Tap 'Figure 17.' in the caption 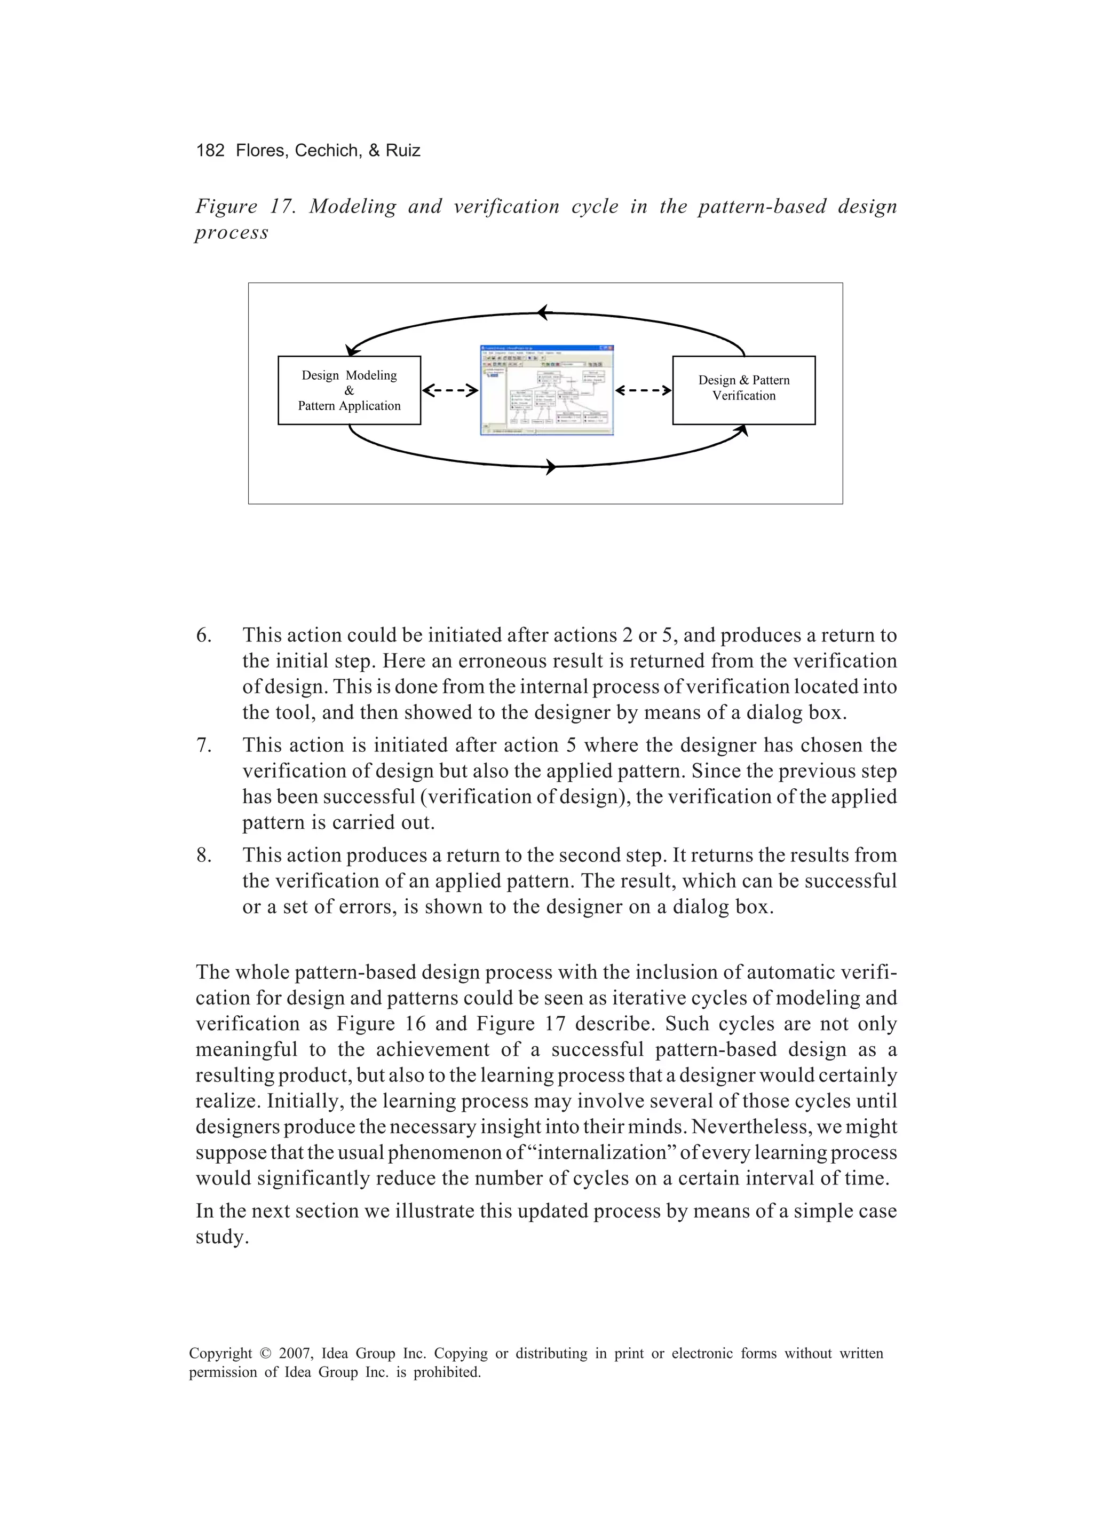(x=245, y=207)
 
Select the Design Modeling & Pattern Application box (x=349, y=391)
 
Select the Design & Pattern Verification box (x=744, y=391)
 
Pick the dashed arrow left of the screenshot (x=450, y=391)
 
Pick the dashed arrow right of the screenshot (x=643, y=391)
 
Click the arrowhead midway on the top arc (x=543, y=312)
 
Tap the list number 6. (x=203, y=635)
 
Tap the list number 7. (x=203, y=745)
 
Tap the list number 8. (x=203, y=855)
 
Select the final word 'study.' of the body (x=221, y=1237)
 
